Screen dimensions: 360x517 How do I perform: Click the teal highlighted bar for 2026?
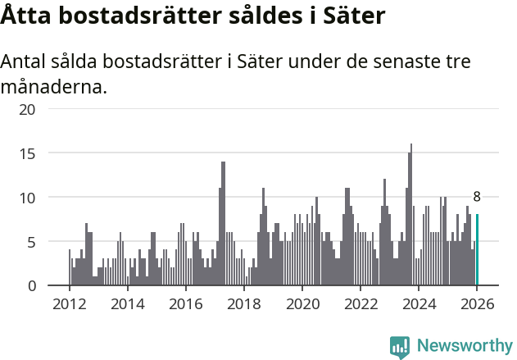coord(477,250)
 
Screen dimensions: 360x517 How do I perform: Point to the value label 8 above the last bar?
coord(477,197)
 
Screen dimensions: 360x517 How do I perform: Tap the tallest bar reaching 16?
coord(411,215)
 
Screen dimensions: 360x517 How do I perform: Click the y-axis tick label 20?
coord(28,109)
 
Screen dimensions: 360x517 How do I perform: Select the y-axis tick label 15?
coord(28,153)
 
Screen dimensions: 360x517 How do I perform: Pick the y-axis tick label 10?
coord(28,198)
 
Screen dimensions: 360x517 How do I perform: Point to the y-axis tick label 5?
coord(32,242)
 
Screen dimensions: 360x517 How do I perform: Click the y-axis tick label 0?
coord(32,286)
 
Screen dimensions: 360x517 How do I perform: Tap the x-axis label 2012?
coord(69,303)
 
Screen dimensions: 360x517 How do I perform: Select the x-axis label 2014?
coord(127,303)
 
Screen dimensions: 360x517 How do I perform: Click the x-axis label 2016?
coord(185,303)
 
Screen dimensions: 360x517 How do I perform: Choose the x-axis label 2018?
coord(243,303)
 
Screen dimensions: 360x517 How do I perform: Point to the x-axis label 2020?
coord(302,303)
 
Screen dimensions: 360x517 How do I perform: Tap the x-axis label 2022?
coord(360,303)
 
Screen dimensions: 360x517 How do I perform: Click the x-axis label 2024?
coord(419,303)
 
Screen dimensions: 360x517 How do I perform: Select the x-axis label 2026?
coord(477,303)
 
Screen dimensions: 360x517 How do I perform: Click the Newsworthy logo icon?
coord(400,346)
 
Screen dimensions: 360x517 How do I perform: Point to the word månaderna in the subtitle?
coord(54,86)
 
